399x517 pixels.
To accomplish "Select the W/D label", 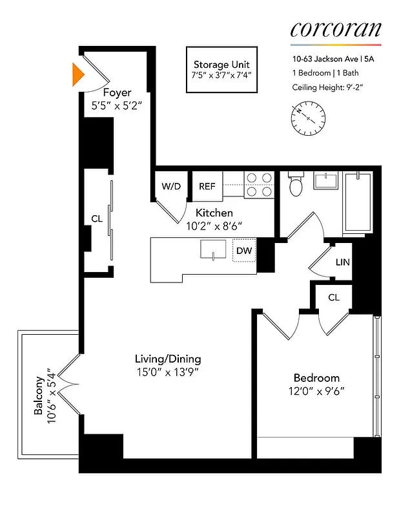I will [171, 186].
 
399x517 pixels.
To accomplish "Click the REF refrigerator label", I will [207, 186].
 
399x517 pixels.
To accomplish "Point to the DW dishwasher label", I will [243, 250].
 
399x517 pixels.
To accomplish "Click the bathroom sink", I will [327, 180].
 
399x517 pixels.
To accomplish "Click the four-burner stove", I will [259, 185].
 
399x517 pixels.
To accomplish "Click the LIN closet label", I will [342, 262].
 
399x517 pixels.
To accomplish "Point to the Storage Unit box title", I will [221, 65].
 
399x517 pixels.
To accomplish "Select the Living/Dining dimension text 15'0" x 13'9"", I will [168, 373].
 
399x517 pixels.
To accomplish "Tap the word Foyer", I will [117, 93].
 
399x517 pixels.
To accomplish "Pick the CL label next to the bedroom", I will [334, 297].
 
